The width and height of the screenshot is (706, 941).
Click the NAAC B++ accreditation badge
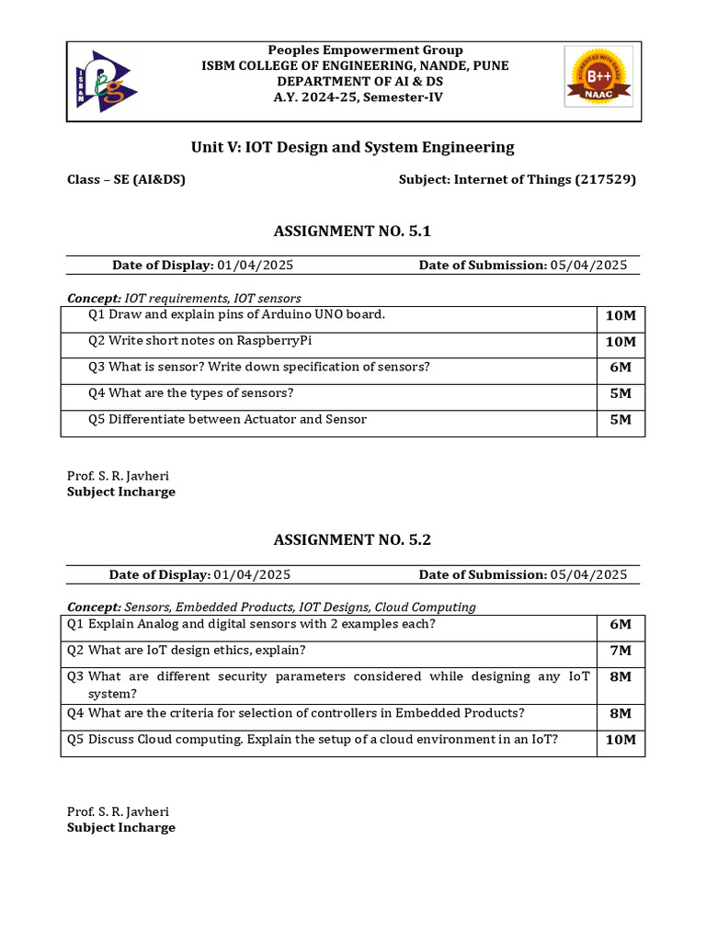tap(598, 81)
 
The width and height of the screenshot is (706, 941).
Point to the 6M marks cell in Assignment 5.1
tap(620, 368)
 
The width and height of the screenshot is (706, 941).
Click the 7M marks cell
tap(620, 651)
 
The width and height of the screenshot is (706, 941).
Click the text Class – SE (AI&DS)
tap(126, 179)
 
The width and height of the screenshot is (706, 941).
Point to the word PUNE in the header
tap(490, 65)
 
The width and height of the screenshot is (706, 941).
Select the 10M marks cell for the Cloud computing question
tap(620, 741)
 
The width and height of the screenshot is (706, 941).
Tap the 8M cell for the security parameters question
tap(620, 677)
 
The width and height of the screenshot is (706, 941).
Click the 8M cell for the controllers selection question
tap(620, 714)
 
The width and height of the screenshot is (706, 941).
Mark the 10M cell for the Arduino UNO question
tap(620, 315)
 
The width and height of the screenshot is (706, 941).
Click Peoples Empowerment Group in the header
tap(365, 50)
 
